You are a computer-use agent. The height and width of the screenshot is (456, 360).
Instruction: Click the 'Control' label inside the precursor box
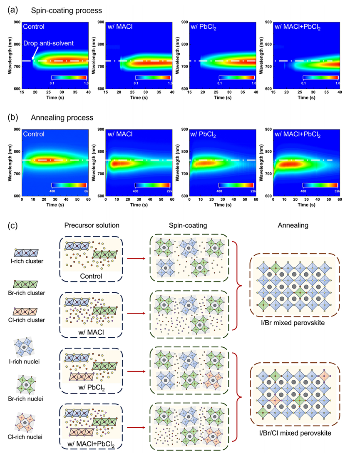click(91, 275)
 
